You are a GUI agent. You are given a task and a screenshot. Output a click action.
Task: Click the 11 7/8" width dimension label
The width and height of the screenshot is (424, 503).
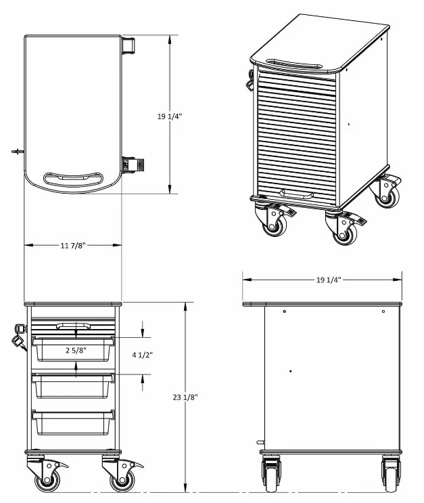[x=72, y=246]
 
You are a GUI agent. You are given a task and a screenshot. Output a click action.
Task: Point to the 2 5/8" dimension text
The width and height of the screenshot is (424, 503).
[x=75, y=351]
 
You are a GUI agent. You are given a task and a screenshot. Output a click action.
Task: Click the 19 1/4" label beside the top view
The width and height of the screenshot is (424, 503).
[x=170, y=116]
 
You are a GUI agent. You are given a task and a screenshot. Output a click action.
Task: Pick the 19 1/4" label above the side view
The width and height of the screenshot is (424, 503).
[x=328, y=279]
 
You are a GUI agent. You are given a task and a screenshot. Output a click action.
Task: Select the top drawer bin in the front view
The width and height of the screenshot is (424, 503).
[x=73, y=350]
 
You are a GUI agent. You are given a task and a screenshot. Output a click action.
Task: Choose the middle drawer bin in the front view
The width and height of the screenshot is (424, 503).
[x=73, y=386]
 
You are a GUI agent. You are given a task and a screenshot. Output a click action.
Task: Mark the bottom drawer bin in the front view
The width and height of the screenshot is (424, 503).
[x=73, y=422]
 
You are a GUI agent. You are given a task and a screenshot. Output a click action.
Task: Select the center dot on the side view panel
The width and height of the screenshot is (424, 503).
[x=291, y=371]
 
